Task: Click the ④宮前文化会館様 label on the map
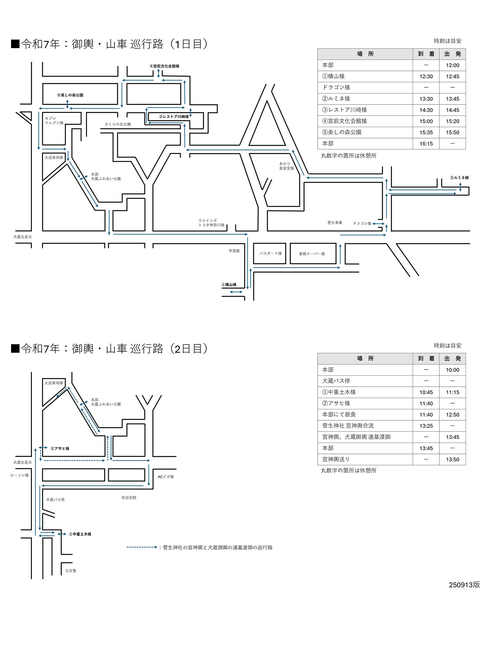[x=164, y=66]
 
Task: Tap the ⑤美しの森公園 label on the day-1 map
[x=70, y=95]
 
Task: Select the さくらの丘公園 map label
[x=118, y=124]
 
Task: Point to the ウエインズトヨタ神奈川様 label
[x=211, y=223]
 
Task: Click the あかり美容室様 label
[x=286, y=166]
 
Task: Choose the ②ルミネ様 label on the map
[x=459, y=178]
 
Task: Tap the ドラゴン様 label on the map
[x=362, y=223]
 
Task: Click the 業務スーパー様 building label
[x=312, y=254]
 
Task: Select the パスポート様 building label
[x=270, y=253]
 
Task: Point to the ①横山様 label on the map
[x=229, y=285]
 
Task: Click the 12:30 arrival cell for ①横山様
[x=426, y=77]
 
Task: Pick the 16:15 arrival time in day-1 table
[x=426, y=144]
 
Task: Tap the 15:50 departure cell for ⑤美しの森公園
[x=452, y=132]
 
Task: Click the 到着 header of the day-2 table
[x=426, y=359]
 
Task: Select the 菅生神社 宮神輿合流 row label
[x=348, y=426]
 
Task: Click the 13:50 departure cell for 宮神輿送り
[x=452, y=460]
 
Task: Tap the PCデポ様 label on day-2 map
[x=166, y=477]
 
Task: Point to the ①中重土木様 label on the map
[x=80, y=534]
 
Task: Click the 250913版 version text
[x=465, y=585]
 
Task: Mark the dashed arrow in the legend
[x=142, y=547]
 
